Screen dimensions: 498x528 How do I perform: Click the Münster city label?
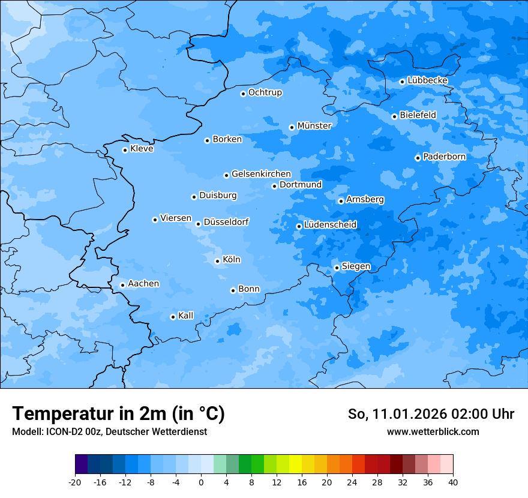pos(314,126)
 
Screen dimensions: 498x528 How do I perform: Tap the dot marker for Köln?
pos(217,261)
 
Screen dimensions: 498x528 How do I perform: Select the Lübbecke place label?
pos(427,80)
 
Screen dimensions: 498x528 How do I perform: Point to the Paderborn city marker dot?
pos(418,158)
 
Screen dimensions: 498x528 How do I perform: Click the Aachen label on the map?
pos(143,284)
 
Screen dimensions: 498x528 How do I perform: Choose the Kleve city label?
pos(142,149)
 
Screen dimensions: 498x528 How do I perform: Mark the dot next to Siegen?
pos(337,268)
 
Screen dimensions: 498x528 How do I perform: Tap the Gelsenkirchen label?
pos(261,174)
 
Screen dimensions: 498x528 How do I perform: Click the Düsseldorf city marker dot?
pos(198,224)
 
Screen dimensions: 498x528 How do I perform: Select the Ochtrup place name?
pos(265,92)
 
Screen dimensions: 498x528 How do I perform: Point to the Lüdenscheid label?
pos(330,225)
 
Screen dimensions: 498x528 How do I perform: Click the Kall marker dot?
pos(173,317)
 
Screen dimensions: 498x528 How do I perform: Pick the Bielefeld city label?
pos(418,115)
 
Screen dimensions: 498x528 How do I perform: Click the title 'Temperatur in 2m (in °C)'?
pos(118,414)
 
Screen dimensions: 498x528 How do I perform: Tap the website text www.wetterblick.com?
pos(433,432)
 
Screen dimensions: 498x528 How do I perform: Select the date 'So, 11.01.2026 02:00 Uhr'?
pos(431,414)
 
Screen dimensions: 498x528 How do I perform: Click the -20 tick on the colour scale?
pos(75,482)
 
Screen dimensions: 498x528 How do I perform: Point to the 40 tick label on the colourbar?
pos(452,482)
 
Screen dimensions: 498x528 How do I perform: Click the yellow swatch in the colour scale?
pos(295,464)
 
